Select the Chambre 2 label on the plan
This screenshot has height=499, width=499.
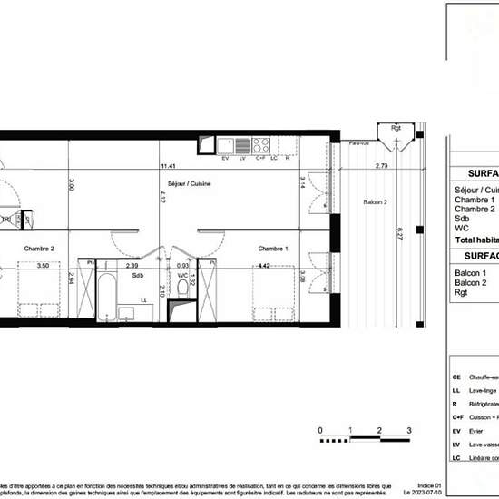pyautogui.click(x=39, y=249)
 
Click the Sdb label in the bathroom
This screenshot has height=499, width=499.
pyautogui.click(x=138, y=275)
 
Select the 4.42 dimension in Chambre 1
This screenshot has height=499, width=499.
pyautogui.click(x=264, y=267)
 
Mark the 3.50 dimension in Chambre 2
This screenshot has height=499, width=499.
pyautogui.click(x=43, y=267)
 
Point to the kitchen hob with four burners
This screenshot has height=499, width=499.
pyautogui.click(x=261, y=145)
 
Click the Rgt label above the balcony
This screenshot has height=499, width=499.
pyautogui.click(x=396, y=128)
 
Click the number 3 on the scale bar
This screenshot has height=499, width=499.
pyautogui.click(x=409, y=430)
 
